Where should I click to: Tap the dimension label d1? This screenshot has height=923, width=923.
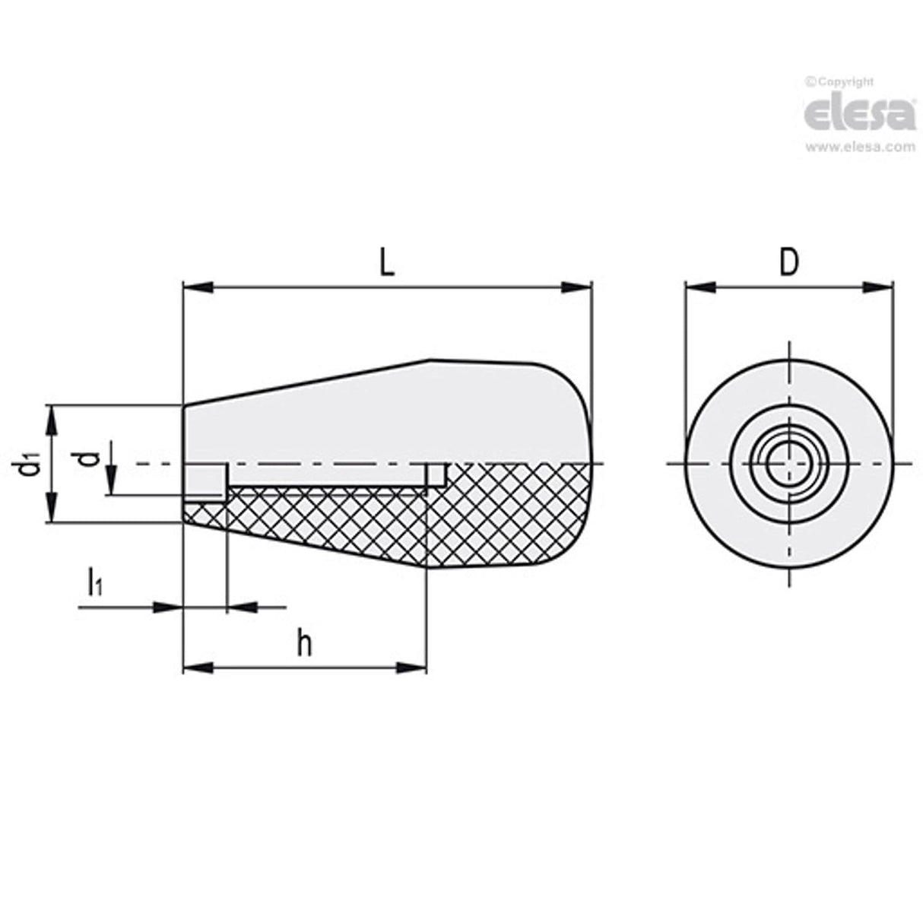coord(28,463)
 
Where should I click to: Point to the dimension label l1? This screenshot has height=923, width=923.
coord(95,584)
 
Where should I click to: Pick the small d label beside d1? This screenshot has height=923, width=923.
coord(89,458)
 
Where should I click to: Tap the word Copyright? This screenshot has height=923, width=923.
coord(844,81)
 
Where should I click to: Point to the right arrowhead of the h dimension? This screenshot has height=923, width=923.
coord(411,668)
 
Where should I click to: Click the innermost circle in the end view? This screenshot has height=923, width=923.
coord(788,463)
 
